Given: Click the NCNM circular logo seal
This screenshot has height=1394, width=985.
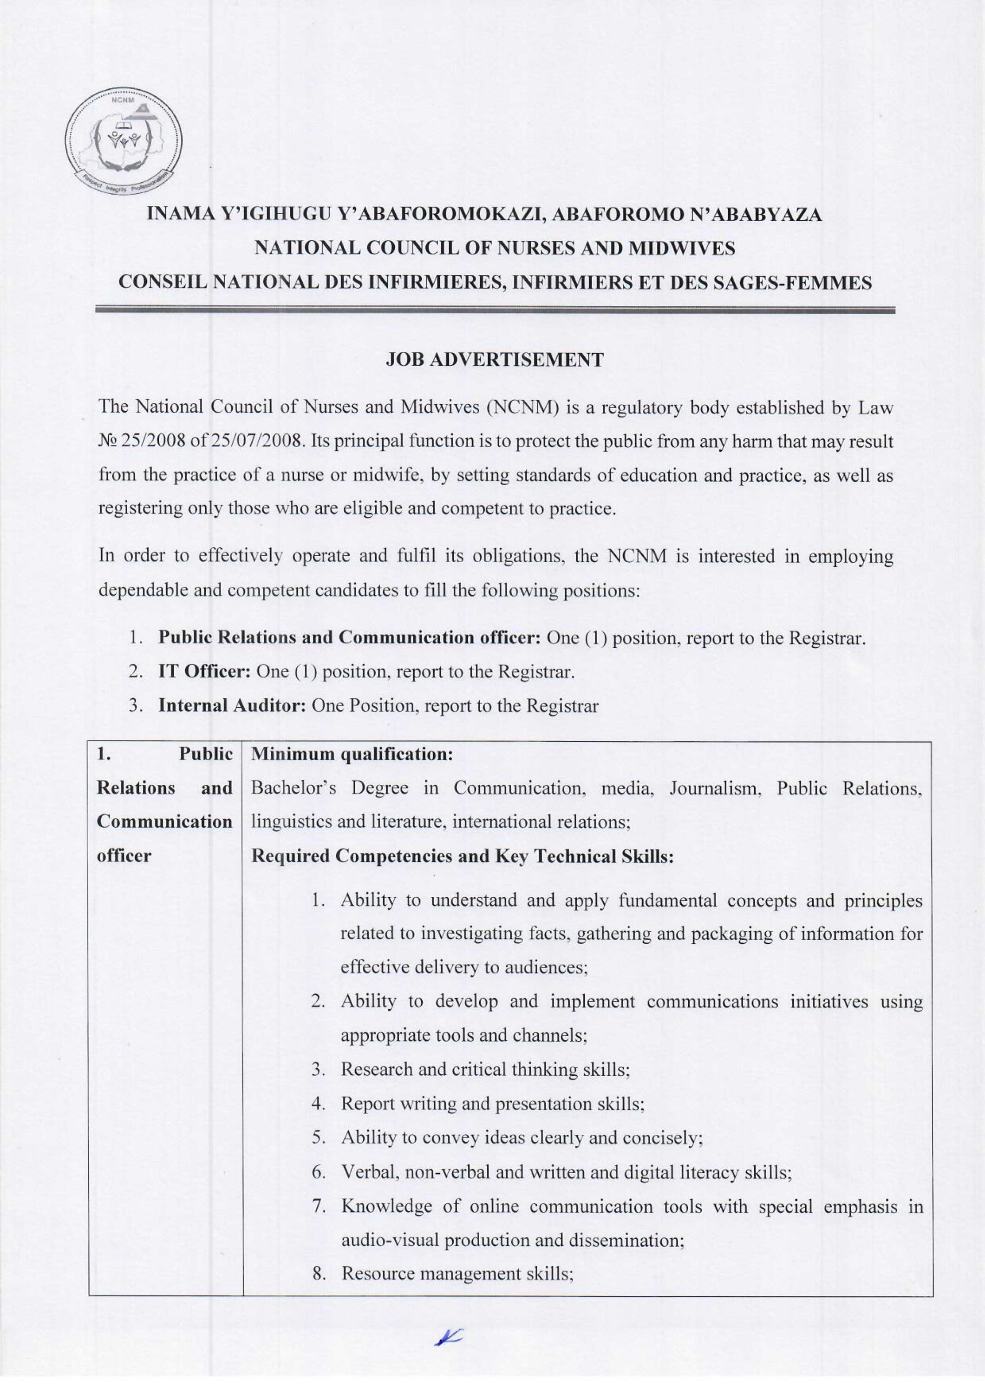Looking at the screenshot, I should [x=124, y=143].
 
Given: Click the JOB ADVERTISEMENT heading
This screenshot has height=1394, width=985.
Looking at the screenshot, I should [x=495, y=360].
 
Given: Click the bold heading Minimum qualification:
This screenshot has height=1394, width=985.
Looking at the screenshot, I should [x=352, y=754].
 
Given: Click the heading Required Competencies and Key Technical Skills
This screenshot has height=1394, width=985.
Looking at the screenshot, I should [x=463, y=856].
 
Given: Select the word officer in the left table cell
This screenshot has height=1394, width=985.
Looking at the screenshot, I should [x=124, y=856].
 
